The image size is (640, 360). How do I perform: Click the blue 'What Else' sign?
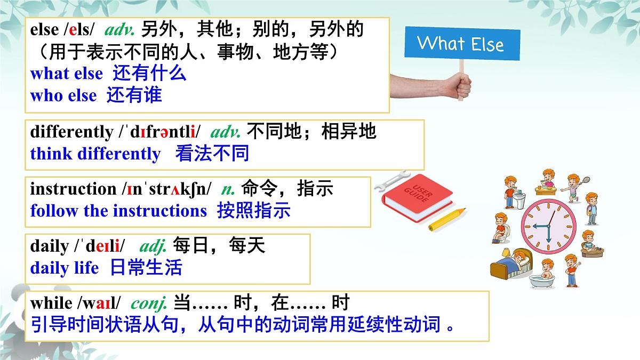point(461,43)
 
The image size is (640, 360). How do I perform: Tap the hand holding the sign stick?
point(453,85)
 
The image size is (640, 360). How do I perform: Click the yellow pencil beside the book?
point(446,220)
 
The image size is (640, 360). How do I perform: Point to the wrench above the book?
point(392,180)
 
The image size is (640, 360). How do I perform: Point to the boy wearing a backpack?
point(591,208)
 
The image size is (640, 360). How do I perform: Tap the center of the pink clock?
point(546,227)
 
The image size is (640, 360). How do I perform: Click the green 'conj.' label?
point(149,303)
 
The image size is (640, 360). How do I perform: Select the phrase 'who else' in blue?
point(63,96)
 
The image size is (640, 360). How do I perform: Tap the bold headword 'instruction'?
point(73,189)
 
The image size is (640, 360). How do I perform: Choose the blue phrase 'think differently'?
point(95,154)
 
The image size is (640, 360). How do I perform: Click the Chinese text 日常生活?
point(146,267)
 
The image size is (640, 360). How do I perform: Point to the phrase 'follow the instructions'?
point(118,211)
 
